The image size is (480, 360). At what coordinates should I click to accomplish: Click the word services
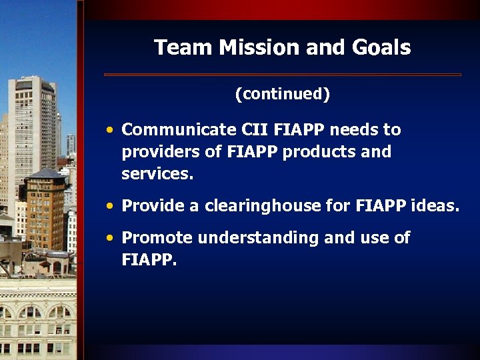coord(157,175)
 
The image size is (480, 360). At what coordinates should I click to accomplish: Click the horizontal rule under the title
coord(282,74)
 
